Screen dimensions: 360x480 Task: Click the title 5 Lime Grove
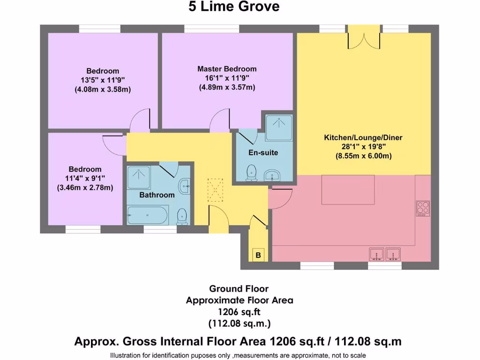[x=234, y=7]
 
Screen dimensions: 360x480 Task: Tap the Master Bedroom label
[x=227, y=69]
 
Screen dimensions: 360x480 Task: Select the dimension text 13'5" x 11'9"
[x=102, y=80]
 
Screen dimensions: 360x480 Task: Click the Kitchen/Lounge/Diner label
[x=363, y=138]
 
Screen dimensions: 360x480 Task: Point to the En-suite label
[x=263, y=153]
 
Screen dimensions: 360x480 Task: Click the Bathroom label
[x=157, y=195]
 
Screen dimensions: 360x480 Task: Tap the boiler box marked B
[x=257, y=255]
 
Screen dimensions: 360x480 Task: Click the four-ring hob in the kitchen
[x=423, y=208]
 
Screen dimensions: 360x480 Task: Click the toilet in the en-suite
[x=252, y=172]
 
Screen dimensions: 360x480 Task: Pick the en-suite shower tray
[x=279, y=127]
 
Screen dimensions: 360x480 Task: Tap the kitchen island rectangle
[x=348, y=189]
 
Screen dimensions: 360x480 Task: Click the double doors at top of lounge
[x=364, y=38]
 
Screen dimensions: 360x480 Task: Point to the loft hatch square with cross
[x=216, y=190]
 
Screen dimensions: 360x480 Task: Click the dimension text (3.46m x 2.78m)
[x=85, y=187]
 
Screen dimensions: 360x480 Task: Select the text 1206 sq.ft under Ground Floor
[x=239, y=312]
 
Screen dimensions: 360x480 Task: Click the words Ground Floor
[x=239, y=289]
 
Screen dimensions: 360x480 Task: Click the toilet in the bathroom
[x=182, y=216]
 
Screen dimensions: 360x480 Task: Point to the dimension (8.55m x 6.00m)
[x=363, y=157]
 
